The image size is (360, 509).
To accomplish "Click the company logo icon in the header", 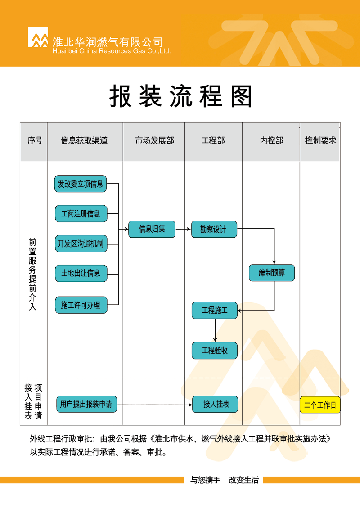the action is [38, 37].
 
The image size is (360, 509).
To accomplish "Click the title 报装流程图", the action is [181, 96].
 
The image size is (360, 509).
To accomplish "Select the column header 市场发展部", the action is [154, 140].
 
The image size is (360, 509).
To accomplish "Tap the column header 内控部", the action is [271, 140].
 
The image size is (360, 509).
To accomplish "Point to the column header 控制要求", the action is [320, 140].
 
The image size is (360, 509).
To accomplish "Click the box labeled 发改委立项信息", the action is [81, 184].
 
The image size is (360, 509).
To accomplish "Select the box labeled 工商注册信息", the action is [81, 214].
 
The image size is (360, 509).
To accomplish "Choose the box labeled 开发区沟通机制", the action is [81, 243].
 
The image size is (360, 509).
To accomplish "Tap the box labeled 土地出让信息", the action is [81, 273].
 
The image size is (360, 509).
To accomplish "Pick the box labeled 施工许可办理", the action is [81, 305].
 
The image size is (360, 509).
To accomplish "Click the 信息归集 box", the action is [152, 229].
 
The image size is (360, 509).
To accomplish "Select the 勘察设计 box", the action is [214, 229].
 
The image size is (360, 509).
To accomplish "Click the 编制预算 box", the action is [272, 273].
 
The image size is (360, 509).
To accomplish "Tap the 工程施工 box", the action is [215, 311].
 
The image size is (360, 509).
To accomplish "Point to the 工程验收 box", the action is [215, 351].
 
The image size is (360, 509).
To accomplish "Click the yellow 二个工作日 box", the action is [320, 405].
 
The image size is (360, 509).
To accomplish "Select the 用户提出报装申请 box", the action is [86, 404].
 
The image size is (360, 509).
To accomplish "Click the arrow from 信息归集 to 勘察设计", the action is [184, 229].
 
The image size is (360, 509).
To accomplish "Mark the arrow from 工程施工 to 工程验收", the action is [215, 330].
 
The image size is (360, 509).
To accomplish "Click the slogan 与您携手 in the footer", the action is [205, 480].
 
